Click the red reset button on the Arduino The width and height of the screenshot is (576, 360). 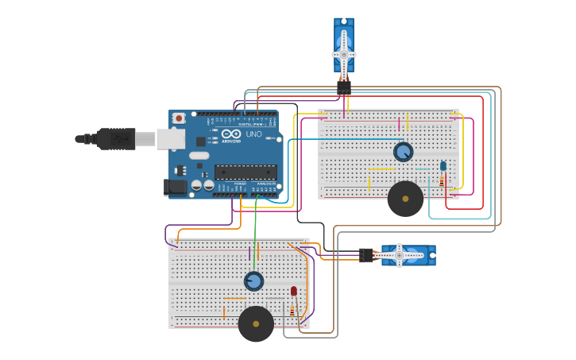179,118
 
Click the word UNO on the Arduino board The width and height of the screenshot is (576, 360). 253,134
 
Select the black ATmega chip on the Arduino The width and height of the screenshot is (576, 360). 245,172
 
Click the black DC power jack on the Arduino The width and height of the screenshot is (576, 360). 175,188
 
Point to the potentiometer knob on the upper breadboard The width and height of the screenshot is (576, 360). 404,152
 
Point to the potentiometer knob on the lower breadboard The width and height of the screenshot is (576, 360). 253,281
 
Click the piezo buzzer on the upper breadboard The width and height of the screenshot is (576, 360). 405,199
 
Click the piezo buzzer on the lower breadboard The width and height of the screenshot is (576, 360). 256,323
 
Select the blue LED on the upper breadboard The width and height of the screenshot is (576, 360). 443,166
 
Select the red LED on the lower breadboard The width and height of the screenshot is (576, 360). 293,291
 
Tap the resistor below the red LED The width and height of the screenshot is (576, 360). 292,310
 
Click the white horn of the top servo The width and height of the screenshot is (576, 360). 344,54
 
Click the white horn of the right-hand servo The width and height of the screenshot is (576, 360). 400,255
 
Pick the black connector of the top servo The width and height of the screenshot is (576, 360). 344,87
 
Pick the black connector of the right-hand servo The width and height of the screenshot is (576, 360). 366,255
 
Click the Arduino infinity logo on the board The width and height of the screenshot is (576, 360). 231,134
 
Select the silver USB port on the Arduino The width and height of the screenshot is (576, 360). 170,139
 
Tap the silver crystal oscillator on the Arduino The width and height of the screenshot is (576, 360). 199,155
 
